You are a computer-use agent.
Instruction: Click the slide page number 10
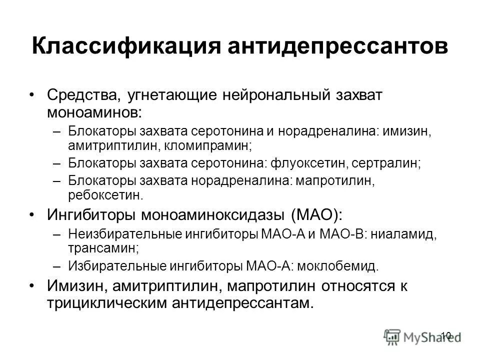point(446,335)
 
